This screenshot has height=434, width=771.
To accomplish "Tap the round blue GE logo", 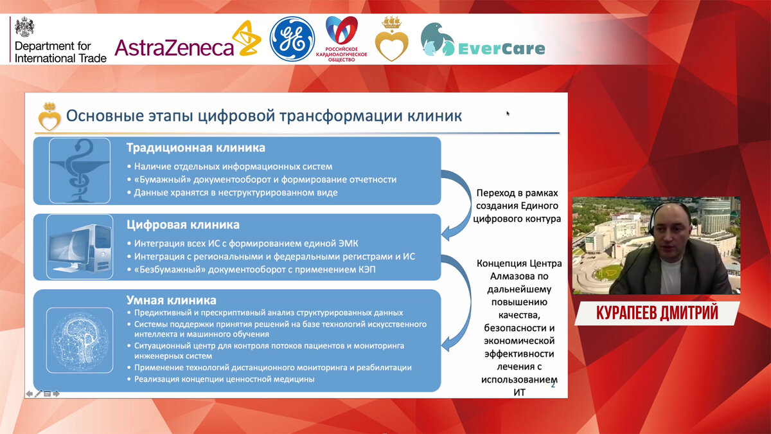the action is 292,39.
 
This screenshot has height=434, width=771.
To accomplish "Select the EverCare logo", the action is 483,40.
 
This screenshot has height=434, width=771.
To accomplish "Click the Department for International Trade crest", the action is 24,27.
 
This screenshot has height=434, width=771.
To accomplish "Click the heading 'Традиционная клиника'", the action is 196,148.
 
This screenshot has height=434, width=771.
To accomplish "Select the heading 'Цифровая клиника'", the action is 182,225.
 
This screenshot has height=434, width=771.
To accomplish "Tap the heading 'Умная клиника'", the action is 171,300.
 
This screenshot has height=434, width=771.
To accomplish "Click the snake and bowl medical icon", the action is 80,170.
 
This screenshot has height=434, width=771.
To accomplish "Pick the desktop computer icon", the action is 80,247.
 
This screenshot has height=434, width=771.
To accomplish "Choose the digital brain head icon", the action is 80,340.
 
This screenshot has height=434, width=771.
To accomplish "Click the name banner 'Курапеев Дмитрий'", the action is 657,313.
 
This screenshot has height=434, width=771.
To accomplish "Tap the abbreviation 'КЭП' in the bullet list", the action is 364,269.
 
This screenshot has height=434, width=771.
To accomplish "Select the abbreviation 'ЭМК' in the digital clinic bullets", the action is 346,244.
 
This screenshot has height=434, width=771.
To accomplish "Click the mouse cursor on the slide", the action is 508,113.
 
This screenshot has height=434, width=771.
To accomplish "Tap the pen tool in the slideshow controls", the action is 38,393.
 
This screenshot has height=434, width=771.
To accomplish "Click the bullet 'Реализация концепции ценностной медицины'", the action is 224,379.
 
